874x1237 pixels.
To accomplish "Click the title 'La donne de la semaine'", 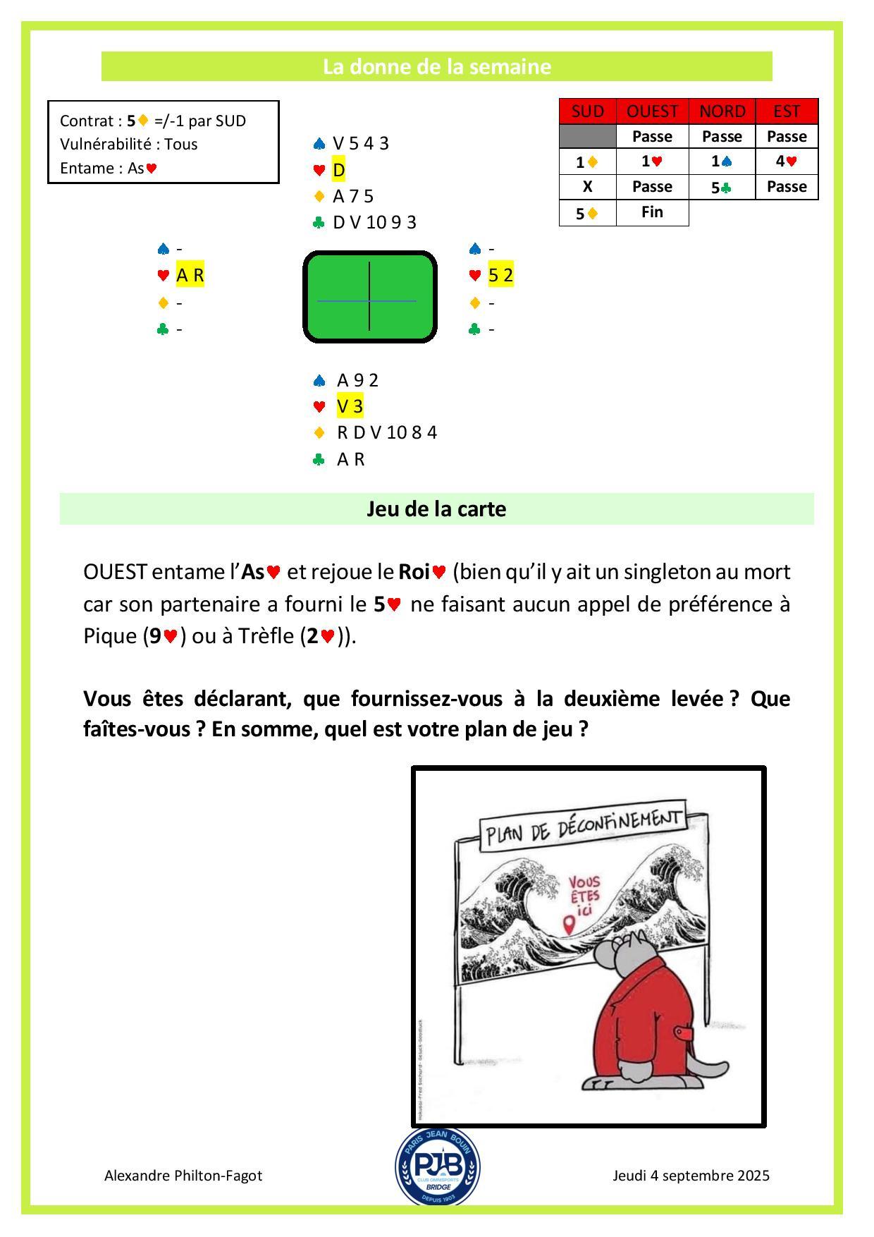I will tap(436, 66).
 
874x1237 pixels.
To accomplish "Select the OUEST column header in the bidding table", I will tap(652, 111).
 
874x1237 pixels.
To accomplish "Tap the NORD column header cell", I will tap(722, 111).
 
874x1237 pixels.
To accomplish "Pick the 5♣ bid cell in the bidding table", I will tap(722, 188).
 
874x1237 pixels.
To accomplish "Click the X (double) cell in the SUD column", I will tap(587, 187).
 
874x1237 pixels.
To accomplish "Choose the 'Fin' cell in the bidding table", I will tap(652, 212).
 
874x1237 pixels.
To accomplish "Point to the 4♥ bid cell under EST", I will tap(787, 162).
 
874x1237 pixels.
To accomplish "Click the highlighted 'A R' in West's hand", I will tap(190, 275).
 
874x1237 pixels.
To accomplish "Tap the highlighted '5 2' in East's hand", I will tap(500, 275).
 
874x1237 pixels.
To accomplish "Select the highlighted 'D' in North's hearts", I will tap(338, 170).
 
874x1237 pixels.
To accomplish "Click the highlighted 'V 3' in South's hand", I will tap(350, 406).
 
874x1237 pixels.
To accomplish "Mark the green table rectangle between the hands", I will tap(369, 297).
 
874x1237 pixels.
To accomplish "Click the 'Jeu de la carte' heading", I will tap(436, 508).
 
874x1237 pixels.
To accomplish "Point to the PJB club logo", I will tap(437, 1165).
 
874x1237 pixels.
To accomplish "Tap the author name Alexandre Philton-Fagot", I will tap(183, 1175).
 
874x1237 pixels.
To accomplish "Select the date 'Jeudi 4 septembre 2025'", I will tap(691, 1175).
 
